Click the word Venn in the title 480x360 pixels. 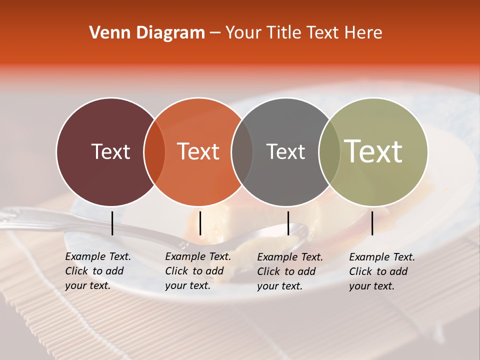[106, 33]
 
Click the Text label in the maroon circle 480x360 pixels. [110, 151]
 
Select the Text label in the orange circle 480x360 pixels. [198, 151]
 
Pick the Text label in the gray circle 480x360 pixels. [285, 151]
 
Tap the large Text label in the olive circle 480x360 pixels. [373, 151]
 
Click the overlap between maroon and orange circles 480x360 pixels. [154, 152]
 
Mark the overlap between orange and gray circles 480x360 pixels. [242, 152]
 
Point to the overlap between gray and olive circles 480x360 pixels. [329, 152]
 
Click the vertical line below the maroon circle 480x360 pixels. [112, 223]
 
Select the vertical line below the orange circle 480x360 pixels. [200, 223]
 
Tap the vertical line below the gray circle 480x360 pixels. [288, 223]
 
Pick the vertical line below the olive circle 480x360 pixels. [372, 223]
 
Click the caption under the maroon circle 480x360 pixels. [97, 271]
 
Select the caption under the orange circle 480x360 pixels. [197, 271]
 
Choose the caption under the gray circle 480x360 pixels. [289, 271]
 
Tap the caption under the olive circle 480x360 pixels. [381, 271]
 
